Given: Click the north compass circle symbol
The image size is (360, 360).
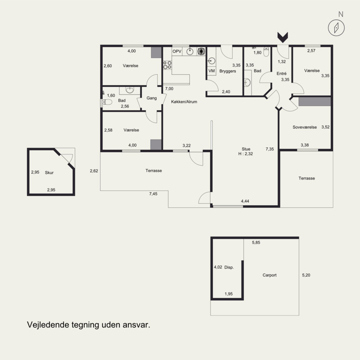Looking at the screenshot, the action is [x=336, y=28].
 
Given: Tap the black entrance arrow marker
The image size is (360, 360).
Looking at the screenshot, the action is [x=283, y=37].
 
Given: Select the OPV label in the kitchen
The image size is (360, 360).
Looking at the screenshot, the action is [x=177, y=51].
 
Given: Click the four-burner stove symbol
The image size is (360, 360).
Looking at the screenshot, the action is [x=167, y=65].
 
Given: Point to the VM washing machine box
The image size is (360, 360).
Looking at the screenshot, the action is [x=211, y=71].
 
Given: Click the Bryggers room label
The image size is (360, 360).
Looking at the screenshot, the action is [x=228, y=71].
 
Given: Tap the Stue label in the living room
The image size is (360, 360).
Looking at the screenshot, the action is [x=246, y=149].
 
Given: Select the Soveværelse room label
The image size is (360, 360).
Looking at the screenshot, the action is [x=305, y=127].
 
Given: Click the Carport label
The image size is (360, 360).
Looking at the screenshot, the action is [x=270, y=275].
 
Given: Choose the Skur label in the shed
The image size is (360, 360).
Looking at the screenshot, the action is [x=49, y=173].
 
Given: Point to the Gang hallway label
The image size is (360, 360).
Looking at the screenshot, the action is [x=152, y=98].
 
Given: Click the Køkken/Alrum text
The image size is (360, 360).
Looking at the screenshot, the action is [x=184, y=102].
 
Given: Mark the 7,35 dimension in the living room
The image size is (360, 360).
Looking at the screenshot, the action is [x=270, y=149].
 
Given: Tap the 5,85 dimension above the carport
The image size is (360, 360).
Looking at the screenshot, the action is [x=256, y=243].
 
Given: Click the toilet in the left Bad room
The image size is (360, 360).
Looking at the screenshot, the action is [x=107, y=102].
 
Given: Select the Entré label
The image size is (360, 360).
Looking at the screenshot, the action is [x=282, y=73].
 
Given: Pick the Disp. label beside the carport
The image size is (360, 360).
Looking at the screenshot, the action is [x=229, y=267].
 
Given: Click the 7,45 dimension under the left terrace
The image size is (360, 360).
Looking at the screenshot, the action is [x=153, y=194].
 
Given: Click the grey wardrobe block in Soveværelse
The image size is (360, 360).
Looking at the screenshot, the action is [x=315, y=102].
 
